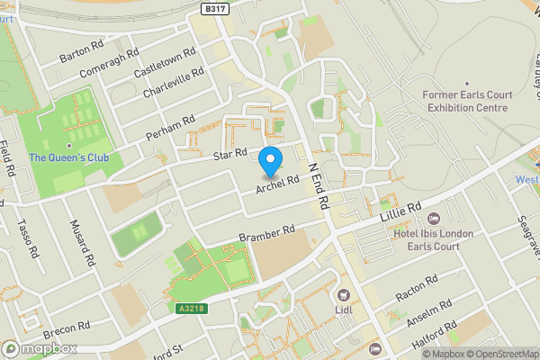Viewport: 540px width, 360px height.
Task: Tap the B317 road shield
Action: (213, 7)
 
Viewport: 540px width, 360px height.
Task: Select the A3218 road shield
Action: (190, 308)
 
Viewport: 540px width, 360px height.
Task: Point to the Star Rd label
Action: (230, 157)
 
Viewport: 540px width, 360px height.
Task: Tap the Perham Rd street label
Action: (171, 128)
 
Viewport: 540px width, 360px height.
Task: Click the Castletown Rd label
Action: (164, 62)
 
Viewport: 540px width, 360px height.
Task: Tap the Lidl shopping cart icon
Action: (343, 295)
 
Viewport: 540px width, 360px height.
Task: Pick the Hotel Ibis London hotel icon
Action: (434, 219)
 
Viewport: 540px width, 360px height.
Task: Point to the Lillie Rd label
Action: (400, 212)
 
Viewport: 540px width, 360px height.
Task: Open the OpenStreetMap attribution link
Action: (498, 353)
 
